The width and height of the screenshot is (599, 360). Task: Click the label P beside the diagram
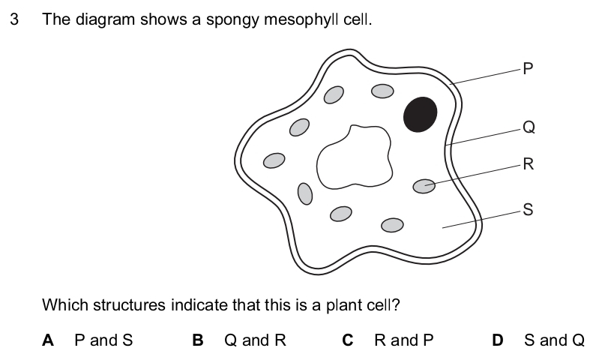click(528, 70)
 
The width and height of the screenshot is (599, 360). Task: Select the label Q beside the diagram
click(528, 127)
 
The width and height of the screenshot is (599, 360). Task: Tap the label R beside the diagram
click(528, 165)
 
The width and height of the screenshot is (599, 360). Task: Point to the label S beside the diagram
click(528, 210)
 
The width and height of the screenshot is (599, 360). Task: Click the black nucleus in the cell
click(420, 114)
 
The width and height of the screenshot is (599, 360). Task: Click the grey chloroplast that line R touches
click(424, 185)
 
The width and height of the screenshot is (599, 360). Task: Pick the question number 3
click(14, 19)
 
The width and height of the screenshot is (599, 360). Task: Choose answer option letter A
click(48, 340)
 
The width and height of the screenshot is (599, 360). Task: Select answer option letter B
click(198, 340)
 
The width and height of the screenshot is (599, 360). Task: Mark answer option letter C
click(348, 340)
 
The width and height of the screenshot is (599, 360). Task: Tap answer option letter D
click(498, 340)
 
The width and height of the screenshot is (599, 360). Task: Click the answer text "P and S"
click(103, 340)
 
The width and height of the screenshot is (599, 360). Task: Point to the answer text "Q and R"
click(255, 340)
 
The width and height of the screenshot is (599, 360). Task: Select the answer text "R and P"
click(403, 340)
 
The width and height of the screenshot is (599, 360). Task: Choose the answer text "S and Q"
click(554, 340)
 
